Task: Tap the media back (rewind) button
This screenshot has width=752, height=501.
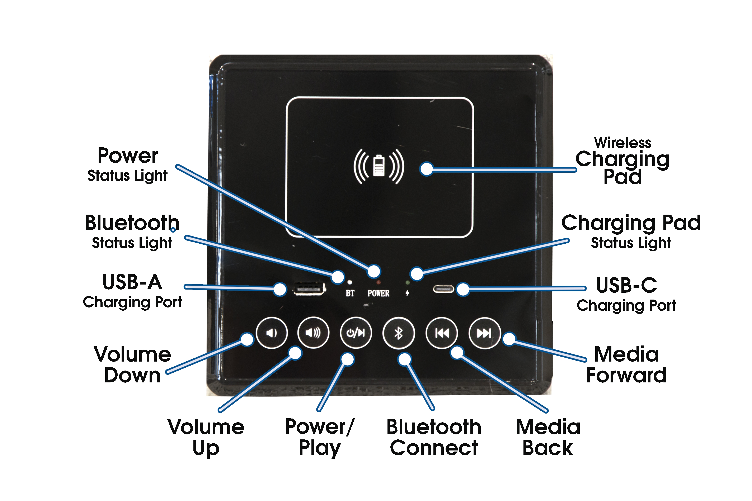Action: click(x=442, y=333)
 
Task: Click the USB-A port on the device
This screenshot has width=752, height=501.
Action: click(x=309, y=289)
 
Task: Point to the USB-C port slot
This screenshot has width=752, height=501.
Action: click(x=443, y=289)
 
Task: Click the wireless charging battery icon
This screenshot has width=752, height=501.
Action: click(x=379, y=166)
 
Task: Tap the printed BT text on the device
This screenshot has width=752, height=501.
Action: click(x=350, y=293)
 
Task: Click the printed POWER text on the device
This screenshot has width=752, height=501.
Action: click(x=378, y=293)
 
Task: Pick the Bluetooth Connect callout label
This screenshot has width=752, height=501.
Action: click(x=434, y=437)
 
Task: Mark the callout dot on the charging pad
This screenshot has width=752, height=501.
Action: click(x=427, y=169)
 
